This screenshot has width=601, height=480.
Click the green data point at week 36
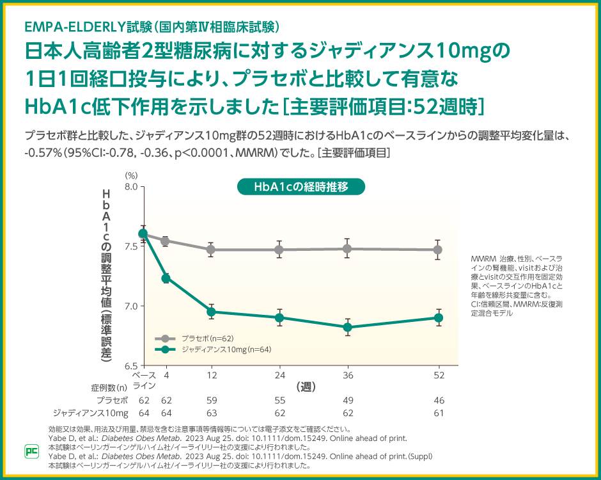pos(347,327)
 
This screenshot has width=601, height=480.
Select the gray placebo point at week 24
pos(279,250)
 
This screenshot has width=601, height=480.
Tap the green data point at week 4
pos(166,278)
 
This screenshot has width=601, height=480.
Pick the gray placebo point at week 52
pos(438,250)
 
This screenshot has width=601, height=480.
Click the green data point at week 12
pos(211,312)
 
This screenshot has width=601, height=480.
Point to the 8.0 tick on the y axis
pos(130,187)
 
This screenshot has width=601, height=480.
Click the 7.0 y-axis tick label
pos(130,306)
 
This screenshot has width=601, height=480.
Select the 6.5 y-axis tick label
pos(130,365)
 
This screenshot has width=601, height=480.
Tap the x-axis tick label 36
pos(347,374)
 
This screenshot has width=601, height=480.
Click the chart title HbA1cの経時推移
pos(300,187)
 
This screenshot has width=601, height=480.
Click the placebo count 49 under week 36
pos(347,400)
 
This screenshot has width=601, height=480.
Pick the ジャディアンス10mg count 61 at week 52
pos(439,413)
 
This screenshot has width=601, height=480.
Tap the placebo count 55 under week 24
pos(279,400)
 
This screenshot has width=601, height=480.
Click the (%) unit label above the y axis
pos(131,174)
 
